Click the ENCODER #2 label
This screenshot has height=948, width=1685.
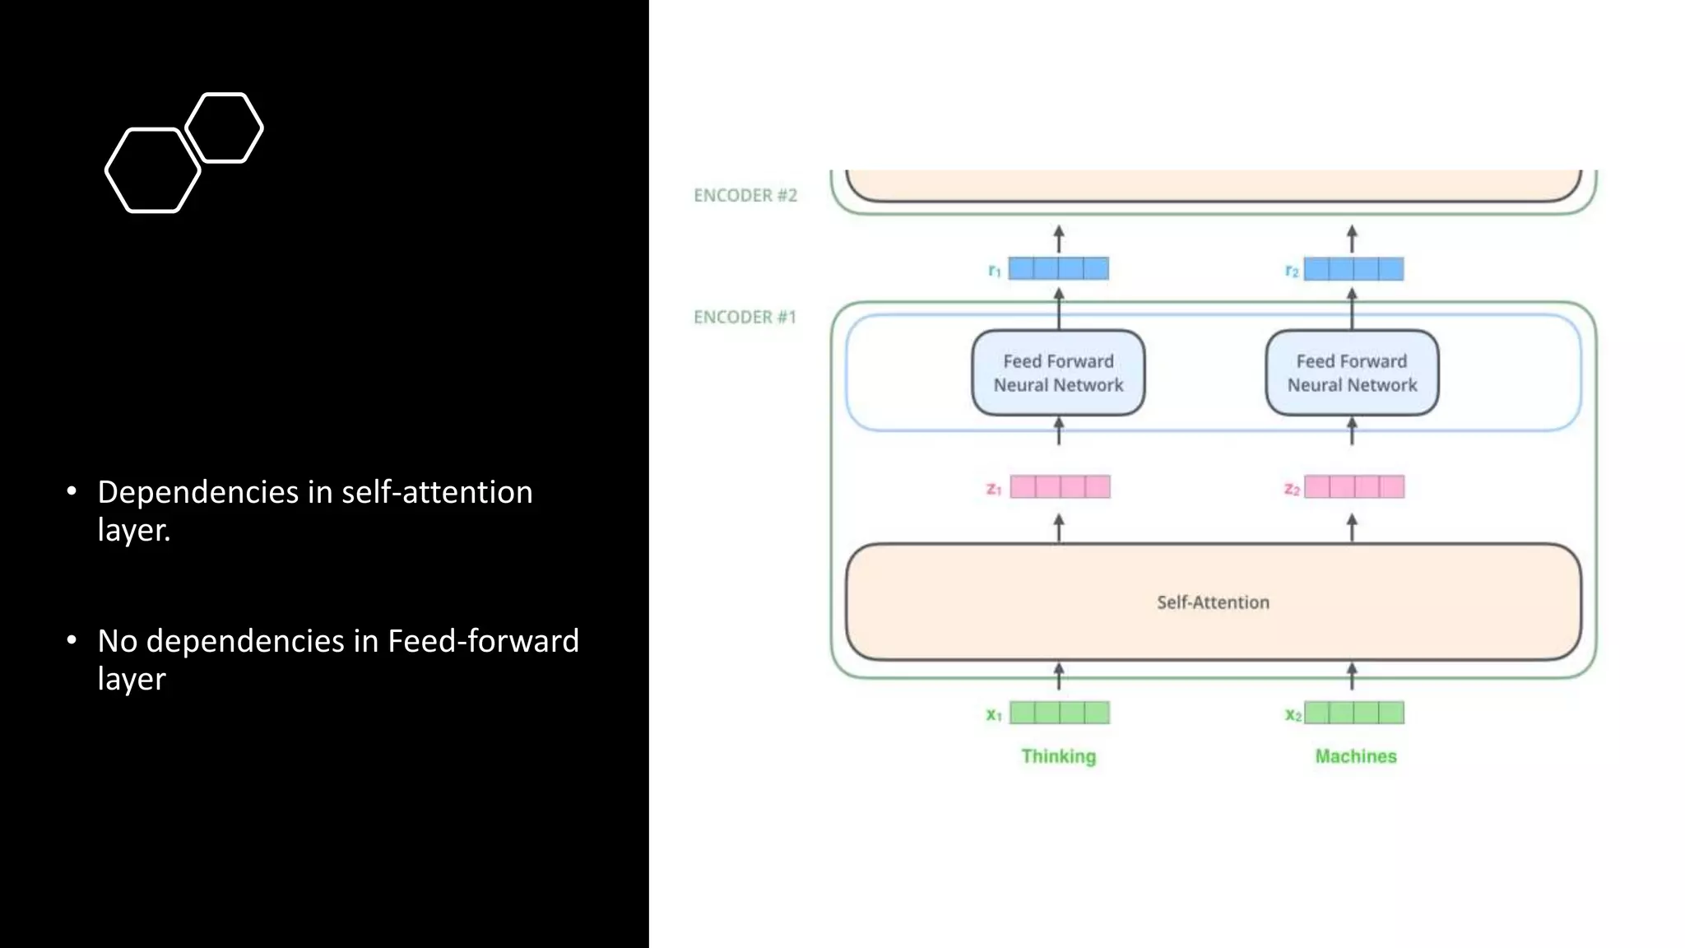click(745, 196)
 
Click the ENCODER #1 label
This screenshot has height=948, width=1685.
click(745, 318)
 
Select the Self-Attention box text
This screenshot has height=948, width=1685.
click(1213, 602)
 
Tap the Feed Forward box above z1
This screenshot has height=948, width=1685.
click(1058, 373)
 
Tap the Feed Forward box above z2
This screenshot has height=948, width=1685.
click(1352, 373)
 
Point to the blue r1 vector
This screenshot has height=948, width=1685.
click(1058, 268)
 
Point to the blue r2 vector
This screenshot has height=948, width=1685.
click(1353, 269)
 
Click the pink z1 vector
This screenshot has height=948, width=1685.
click(1060, 487)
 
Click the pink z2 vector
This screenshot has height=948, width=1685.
click(1354, 487)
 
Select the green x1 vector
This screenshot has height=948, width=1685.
click(1060, 713)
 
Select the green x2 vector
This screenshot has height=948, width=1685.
click(1354, 713)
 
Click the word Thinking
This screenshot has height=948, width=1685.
click(1058, 756)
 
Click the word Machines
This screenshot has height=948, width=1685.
click(1355, 756)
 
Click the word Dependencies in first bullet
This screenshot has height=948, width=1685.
click(197, 492)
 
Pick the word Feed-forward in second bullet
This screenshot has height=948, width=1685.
click(483, 641)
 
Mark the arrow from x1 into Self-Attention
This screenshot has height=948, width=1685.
click(1059, 676)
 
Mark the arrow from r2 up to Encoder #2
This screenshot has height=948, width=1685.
click(1352, 239)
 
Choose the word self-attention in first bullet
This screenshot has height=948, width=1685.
click(437, 492)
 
